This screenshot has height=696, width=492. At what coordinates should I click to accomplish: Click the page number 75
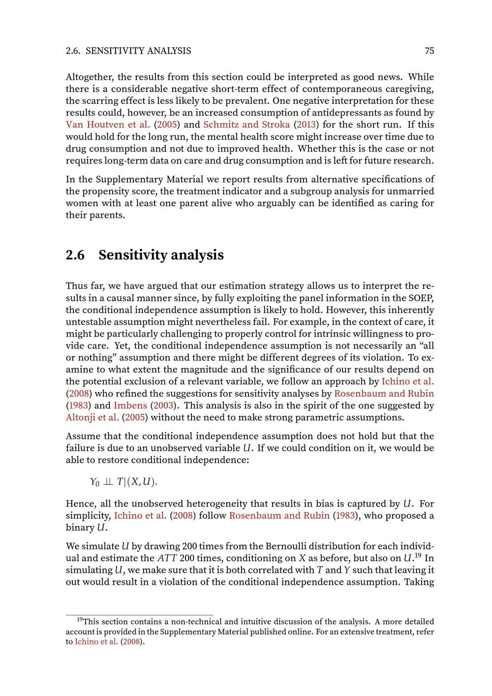pos(429,51)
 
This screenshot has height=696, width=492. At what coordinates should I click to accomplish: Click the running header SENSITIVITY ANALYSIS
pos(138,51)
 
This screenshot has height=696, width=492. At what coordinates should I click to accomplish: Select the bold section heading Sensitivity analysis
pos(161,255)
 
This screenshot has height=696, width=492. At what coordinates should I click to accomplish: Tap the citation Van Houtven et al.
pos(108,125)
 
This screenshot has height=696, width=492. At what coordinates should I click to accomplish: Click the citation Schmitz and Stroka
pos(246,125)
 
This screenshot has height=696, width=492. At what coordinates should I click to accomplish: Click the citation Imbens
pos(130,406)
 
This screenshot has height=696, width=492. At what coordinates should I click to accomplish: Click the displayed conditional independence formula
pos(123,482)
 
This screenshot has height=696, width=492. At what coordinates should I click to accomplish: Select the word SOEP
pos(421,298)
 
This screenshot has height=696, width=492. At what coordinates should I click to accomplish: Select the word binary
pos(79,528)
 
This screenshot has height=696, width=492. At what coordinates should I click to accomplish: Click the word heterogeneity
pos(213,504)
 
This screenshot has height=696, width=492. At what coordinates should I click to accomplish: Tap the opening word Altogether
pos(90,77)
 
